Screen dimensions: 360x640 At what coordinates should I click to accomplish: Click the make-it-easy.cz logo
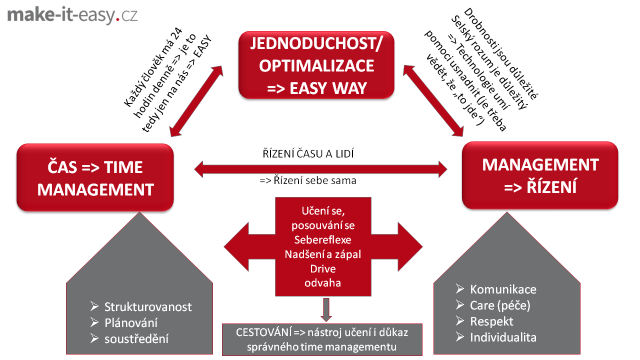click(72, 15)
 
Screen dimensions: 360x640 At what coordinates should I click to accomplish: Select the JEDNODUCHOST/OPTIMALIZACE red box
click(316, 65)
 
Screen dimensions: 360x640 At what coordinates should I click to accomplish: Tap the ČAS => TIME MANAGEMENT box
click(95, 178)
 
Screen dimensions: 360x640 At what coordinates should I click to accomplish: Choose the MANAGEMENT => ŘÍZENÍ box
click(540, 175)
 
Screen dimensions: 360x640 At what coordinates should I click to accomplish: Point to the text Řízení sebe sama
click(308, 180)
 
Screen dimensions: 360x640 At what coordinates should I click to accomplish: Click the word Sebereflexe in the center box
click(322, 239)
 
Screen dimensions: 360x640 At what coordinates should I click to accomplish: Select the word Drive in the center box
click(322, 268)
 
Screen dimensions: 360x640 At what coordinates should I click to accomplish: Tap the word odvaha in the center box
click(322, 282)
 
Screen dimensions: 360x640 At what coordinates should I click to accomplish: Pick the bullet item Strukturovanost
click(147, 307)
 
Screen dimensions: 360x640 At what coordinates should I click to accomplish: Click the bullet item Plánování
click(131, 322)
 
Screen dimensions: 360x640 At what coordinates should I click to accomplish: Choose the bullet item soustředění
click(136, 338)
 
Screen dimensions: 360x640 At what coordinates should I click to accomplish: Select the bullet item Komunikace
click(503, 289)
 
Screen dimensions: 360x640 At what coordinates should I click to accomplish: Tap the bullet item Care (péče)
click(500, 305)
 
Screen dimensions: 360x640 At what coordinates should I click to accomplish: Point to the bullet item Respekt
click(491, 321)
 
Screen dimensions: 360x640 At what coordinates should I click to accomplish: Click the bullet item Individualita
click(503, 337)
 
